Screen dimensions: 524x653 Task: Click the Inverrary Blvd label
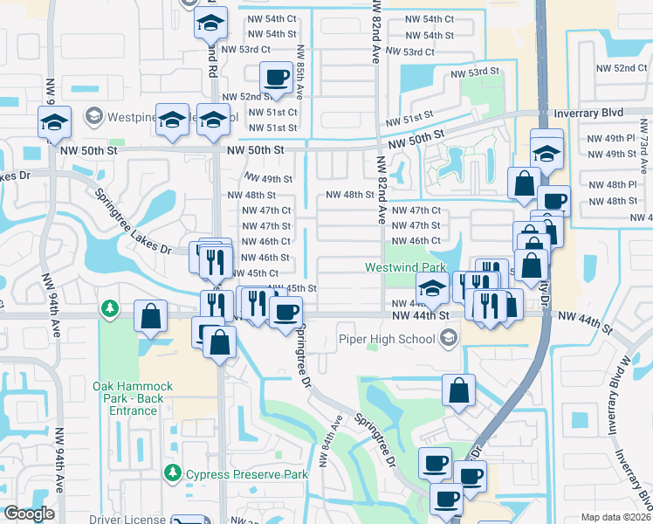click(x=590, y=114)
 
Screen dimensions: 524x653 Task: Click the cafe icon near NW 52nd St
click(x=277, y=78)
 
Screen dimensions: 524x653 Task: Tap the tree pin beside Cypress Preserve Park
click(x=173, y=474)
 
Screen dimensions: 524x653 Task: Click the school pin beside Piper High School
click(x=449, y=337)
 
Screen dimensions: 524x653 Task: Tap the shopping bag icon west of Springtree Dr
click(x=151, y=317)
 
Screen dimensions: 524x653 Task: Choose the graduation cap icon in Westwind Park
click(x=432, y=287)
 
